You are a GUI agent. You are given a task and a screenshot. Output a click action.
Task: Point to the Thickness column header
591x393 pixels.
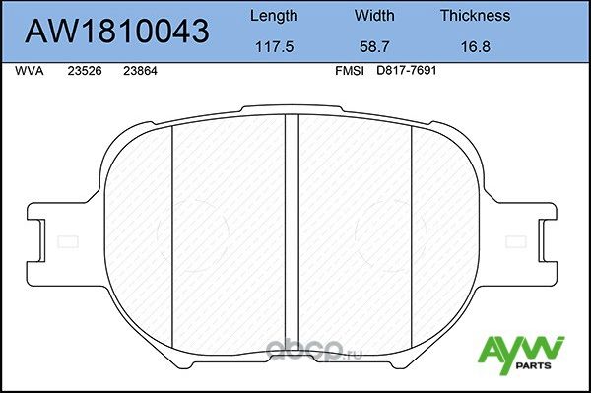pyautogui.click(x=475, y=16)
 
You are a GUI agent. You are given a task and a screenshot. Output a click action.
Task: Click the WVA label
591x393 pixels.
pyautogui.click(x=30, y=71)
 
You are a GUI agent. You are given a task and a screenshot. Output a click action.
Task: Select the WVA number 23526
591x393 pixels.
pyautogui.click(x=84, y=71)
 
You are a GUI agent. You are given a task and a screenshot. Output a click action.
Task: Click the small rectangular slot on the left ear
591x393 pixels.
pyautogui.click(x=68, y=241)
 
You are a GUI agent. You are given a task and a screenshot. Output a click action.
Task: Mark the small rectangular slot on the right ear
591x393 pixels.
pyautogui.click(x=516, y=241)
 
